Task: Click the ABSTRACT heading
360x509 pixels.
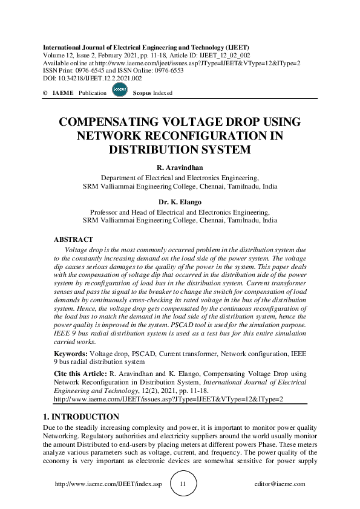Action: tap(73, 240)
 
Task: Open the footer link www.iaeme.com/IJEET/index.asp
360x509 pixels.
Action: tap(108, 484)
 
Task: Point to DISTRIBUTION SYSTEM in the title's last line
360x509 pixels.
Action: tap(180, 149)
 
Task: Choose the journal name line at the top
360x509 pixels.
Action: tap(145, 47)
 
